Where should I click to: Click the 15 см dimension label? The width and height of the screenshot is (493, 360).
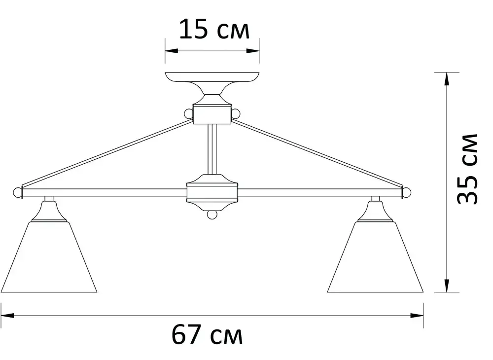(213, 29)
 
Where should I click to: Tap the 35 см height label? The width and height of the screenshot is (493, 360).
(466, 169)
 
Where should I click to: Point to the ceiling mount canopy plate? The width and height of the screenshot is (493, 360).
(212, 77)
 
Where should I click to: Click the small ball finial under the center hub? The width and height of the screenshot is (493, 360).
(212, 216)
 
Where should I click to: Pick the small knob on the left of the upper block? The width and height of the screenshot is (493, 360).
(188, 114)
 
